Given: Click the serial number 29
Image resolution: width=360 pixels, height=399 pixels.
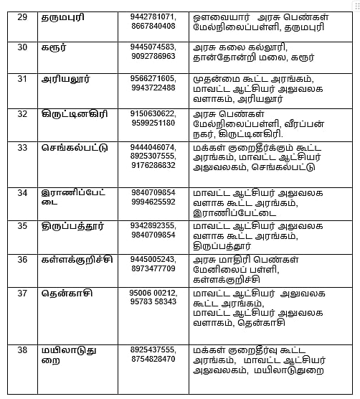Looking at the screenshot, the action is coord(22,17).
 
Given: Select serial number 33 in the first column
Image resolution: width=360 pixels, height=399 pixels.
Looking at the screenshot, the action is coord(22,147).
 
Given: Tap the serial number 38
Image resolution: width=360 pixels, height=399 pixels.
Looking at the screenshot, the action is coord(22,349).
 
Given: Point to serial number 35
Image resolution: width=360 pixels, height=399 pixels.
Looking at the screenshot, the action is coord(22,225).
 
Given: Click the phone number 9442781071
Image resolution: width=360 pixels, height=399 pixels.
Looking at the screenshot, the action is coord(153,17).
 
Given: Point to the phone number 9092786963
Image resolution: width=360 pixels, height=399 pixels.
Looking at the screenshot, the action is coord(153,56).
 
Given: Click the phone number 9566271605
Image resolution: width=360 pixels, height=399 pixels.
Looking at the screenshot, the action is coord(153,79).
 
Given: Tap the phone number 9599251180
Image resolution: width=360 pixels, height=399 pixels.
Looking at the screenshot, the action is coord(153,123).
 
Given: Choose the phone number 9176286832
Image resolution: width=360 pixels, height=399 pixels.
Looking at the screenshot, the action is coord(153,165).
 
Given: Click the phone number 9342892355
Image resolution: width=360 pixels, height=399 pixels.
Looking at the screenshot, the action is coord(153,225).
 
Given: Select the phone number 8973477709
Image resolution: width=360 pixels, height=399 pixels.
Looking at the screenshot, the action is coord(153,268).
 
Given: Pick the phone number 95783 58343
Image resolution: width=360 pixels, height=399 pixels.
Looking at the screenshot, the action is coord(153,302).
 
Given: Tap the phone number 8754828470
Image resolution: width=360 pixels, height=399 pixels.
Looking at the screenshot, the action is coord(153,359).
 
